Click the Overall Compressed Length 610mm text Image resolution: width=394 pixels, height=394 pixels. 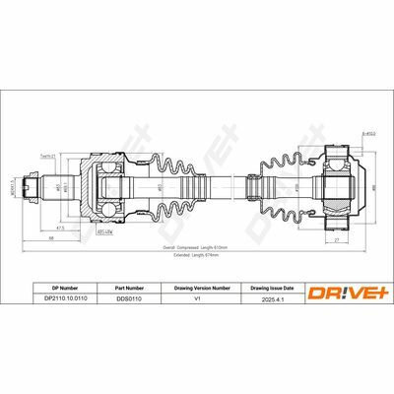(198, 247)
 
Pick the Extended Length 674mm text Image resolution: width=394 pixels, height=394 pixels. (198, 254)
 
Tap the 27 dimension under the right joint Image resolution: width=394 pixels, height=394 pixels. (338, 238)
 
